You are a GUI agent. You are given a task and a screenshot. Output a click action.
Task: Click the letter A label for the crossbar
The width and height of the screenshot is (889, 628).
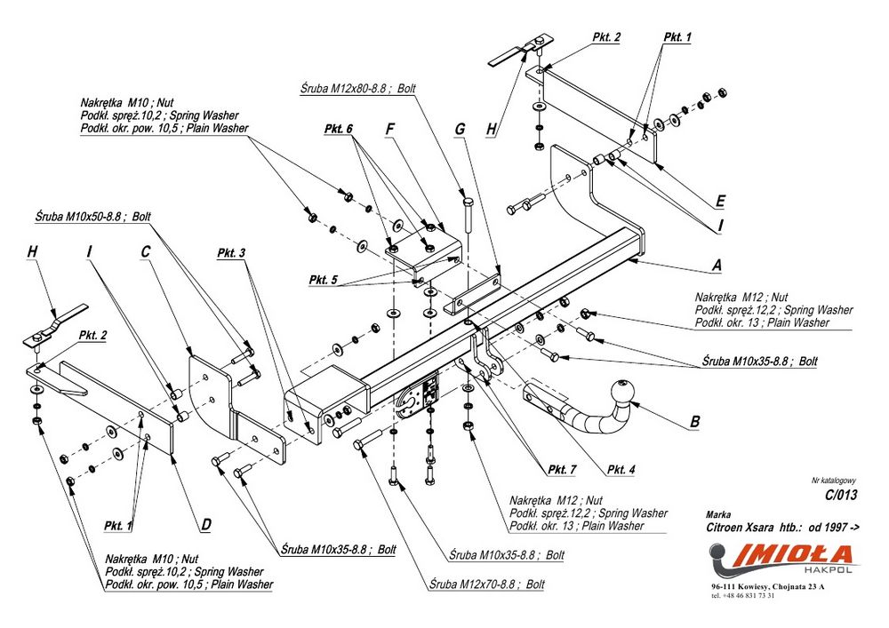717,265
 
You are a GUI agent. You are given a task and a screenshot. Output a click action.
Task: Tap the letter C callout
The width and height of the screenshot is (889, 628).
145,251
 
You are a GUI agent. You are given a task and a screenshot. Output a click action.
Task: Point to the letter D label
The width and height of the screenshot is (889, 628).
205,524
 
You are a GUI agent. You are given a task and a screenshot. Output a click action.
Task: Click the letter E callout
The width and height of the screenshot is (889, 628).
720,201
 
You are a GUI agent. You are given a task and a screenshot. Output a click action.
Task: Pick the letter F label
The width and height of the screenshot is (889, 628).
389,130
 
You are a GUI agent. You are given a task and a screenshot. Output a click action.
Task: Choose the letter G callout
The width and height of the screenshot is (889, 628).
460,130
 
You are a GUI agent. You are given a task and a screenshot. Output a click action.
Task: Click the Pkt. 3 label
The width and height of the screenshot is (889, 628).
230,253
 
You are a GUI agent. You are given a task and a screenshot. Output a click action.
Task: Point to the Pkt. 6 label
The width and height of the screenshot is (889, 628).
338,129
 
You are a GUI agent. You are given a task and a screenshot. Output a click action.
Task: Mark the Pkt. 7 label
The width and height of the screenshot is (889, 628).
563,469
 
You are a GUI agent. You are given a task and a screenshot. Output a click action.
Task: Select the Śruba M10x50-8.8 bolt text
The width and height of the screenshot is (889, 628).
93,216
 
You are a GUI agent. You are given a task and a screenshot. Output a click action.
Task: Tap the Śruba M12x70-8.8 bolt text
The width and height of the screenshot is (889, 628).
485,584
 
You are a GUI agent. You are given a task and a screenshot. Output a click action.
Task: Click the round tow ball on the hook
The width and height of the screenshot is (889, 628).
621,392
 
